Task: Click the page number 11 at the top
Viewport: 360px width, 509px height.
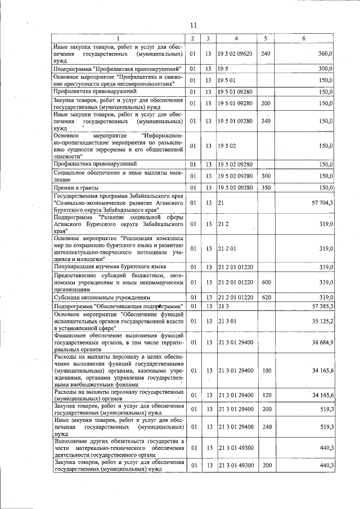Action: pyautogui.click(x=193, y=25)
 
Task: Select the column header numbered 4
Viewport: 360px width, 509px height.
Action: pyautogui.click(x=236, y=38)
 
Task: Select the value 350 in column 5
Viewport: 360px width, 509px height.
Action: pyautogui.click(x=266, y=187)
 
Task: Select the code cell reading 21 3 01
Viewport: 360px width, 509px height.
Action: pyautogui.click(x=227, y=321)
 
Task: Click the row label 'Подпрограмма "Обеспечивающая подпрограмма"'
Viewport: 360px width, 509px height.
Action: pyautogui.click(x=118, y=305)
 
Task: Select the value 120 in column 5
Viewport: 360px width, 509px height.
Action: pyautogui.click(x=266, y=396)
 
